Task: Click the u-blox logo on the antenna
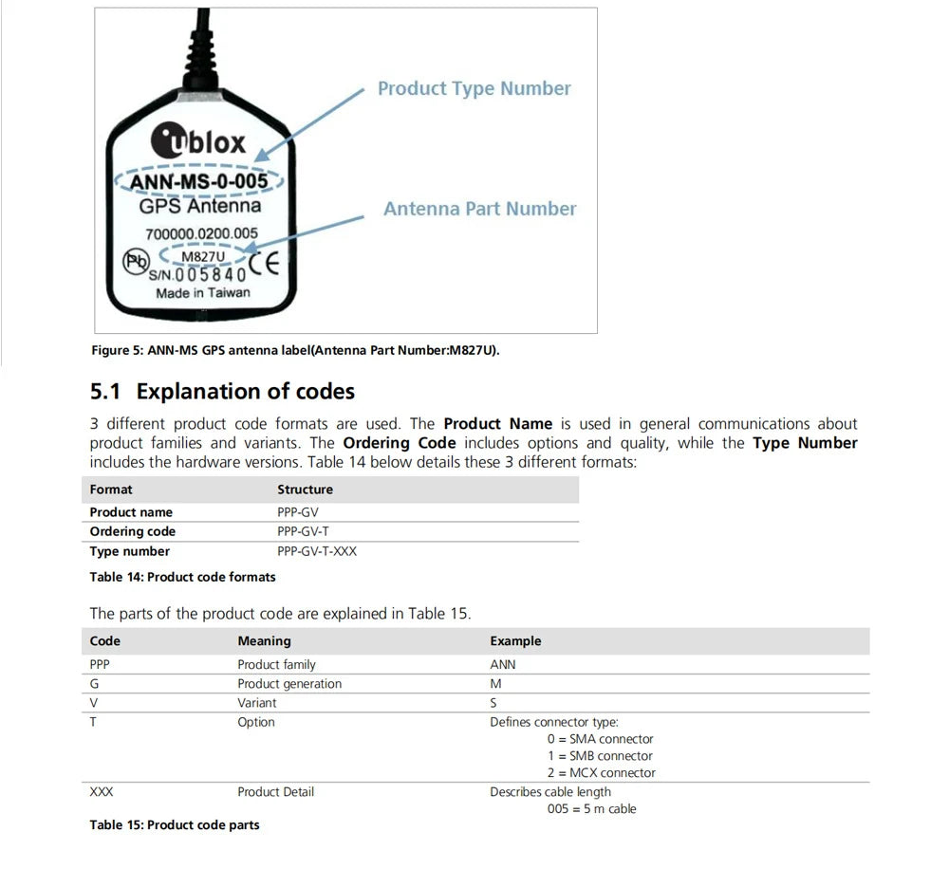click(198, 142)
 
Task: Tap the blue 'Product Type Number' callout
click(474, 88)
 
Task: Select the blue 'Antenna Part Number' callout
click(479, 209)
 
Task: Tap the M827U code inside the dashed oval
click(202, 254)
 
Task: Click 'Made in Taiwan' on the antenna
click(203, 293)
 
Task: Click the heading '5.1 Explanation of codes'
click(222, 391)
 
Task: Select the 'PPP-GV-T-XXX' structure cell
click(317, 551)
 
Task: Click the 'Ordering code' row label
click(133, 531)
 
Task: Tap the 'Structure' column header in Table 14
click(305, 490)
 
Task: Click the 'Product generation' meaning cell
click(289, 684)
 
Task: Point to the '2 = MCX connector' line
click(601, 773)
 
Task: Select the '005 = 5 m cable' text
click(591, 809)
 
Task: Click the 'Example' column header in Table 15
click(515, 641)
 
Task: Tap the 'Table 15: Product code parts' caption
click(175, 825)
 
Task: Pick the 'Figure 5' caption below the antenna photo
click(294, 351)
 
